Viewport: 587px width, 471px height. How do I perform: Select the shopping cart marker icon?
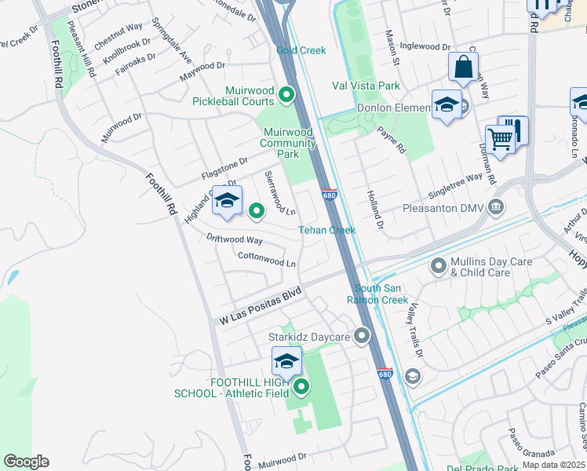(x=500, y=140)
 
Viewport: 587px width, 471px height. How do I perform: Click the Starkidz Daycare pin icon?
(x=362, y=337)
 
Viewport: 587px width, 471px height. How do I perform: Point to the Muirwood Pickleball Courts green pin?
(x=286, y=97)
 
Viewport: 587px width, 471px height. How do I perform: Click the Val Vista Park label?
(x=366, y=86)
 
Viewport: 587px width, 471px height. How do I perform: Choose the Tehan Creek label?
(x=327, y=230)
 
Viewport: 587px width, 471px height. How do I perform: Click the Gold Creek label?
(x=301, y=50)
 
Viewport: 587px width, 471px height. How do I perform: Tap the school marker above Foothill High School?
(x=286, y=362)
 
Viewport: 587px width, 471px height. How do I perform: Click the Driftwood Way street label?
(x=235, y=239)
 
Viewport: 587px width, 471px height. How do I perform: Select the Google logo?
(x=26, y=462)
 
